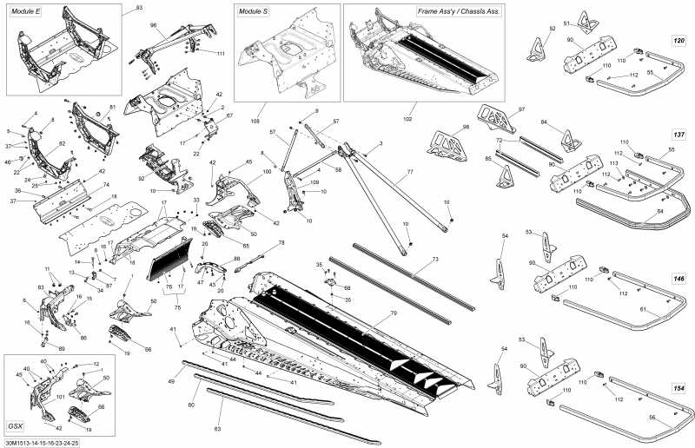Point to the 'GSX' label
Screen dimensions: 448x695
click(x=16, y=426)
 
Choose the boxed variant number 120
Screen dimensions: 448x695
click(x=678, y=41)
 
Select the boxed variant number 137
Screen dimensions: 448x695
click(x=678, y=136)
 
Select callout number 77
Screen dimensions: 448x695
click(x=409, y=174)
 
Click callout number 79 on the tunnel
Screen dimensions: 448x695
click(x=394, y=313)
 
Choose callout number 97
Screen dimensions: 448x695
click(x=522, y=109)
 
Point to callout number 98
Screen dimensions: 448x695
click(x=466, y=128)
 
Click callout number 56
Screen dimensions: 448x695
click(x=652, y=418)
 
